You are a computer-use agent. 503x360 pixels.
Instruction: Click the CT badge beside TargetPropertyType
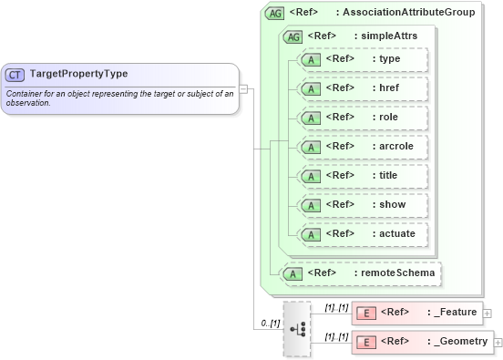tap(15, 75)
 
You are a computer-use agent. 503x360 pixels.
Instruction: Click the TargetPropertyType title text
tap(78, 74)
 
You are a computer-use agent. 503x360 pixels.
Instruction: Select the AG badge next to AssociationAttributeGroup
tap(273, 14)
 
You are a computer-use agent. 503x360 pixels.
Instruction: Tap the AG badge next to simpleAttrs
tap(293, 36)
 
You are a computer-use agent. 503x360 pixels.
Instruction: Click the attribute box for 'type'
tap(363, 59)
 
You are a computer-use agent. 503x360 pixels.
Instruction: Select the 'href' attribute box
tap(363, 88)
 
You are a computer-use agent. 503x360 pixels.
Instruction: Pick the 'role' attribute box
tap(363, 118)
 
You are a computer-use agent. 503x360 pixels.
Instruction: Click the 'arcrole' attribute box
tap(363, 147)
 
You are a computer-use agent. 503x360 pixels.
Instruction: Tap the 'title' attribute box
tap(363, 176)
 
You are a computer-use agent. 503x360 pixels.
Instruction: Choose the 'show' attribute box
tap(363, 205)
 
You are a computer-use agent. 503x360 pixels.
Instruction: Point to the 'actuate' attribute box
tap(363, 234)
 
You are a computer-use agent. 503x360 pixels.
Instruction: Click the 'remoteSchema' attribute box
tap(361, 273)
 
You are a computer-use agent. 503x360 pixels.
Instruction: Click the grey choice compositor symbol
tap(296, 328)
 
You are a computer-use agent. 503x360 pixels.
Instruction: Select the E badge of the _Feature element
tap(365, 314)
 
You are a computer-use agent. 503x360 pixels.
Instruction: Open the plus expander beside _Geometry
tap(498, 343)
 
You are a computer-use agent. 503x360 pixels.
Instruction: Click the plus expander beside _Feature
tap(488, 314)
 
